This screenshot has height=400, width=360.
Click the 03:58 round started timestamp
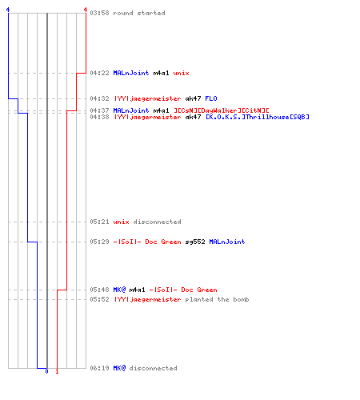point(99,13)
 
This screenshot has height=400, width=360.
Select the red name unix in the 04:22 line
point(181,73)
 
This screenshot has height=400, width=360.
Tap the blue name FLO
point(211,98)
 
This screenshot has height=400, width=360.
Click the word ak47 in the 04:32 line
point(193,98)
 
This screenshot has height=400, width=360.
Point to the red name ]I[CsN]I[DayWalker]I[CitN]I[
point(222,110)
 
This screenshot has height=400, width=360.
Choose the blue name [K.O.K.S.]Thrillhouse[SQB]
point(258,117)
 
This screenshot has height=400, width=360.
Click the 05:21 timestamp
point(99,222)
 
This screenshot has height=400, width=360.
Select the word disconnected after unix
point(157,222)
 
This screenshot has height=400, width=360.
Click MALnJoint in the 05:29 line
point(227,242)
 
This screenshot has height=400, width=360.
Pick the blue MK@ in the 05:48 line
point(119,290)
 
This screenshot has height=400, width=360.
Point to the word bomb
point(241,299)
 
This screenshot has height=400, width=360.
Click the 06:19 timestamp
point(99,368)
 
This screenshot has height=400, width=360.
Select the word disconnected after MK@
point(153,368)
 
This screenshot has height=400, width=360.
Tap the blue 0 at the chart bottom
point(46,371)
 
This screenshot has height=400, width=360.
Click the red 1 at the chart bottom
point(57,371)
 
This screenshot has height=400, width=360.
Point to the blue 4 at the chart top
point(8,10)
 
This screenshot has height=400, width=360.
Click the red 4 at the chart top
point(86,10)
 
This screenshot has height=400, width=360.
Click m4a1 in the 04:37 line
point(161,110)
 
